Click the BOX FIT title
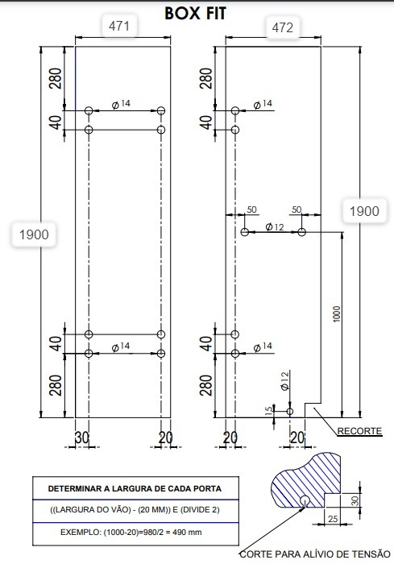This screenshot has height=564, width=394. pyautogui.click(x=195, y=14)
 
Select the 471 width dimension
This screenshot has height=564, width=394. pyautogui.click(x=118, y=26)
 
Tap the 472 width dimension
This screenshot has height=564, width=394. pyautogui.click(x=283, y=27)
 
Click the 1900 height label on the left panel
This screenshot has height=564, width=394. pyautogui.click(x=34, y=234)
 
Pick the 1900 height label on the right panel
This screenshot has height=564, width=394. pyautogui.click(x=364, y=211)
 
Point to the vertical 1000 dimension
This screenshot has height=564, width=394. pyautogui.click(x=337, y=314)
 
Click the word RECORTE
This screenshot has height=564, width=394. pyautogui.click(x=359, y=431)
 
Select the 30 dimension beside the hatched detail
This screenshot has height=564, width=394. pyautogui.click(x=355, y=500)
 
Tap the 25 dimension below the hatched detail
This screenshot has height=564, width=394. pyautogui.click(x=333, y=519)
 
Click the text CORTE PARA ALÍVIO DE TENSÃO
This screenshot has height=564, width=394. pyautogui.click(x=315, y=554)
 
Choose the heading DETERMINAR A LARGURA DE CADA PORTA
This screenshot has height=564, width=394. pyautogui.click(x=135, y=489)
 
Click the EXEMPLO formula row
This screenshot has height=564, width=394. pyautogui.click(x=131, y=532)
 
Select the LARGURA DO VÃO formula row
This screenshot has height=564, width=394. pyautogui.click(x=135, y=510)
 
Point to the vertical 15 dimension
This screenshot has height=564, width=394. pyautogui.click(x=268, y=411)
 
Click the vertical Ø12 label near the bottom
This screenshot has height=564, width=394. pyautogui.click(x=284, y=381)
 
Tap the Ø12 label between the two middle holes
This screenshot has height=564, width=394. pyautogui.click(x=275, y=227)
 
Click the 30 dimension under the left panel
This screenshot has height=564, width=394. pyautogui.click(x=82, y=438)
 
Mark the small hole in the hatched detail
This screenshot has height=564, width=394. pyautogui.click(x=305, y=500)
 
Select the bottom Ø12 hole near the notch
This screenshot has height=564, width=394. pyautogui.click(x=289, y=411)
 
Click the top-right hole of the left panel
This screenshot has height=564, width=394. pyautogui.click(x=161, y=110)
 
